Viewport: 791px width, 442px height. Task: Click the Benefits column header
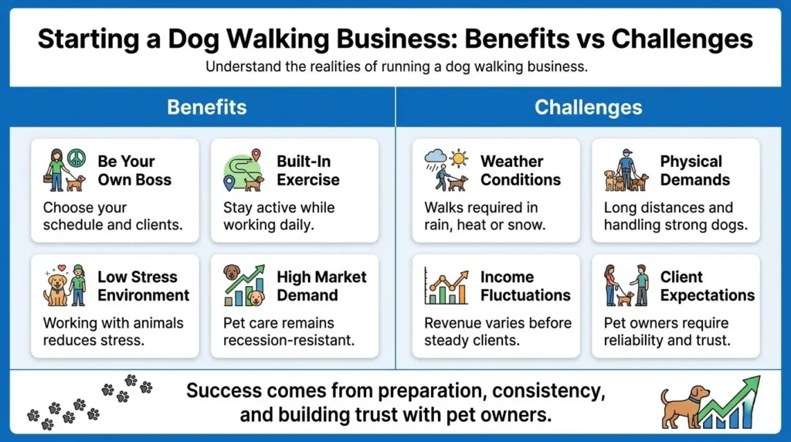click(x=206, y=107)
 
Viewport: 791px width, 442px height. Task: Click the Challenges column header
click(x=588, y=107)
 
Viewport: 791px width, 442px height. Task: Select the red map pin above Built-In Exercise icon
click(x=256, y=155)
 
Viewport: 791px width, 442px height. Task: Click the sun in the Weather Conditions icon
click(x=460, y=159)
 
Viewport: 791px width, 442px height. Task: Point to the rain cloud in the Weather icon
click(x=435, y=159)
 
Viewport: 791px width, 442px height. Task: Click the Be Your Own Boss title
click(x=126, y=171)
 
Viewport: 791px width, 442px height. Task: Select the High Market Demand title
click(x=321, y=286)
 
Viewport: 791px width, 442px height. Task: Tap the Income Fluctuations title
click(x=525, y=286)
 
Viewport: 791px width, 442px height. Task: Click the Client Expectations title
click(x=707, y=286)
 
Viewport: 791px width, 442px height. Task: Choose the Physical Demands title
click(x=694, y=171)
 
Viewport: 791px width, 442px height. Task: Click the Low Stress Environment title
click(x=143, y=286)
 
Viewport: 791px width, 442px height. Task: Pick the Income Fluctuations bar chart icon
click(x=446, y=287)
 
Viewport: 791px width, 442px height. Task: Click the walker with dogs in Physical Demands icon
click(x=626, y=171)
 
